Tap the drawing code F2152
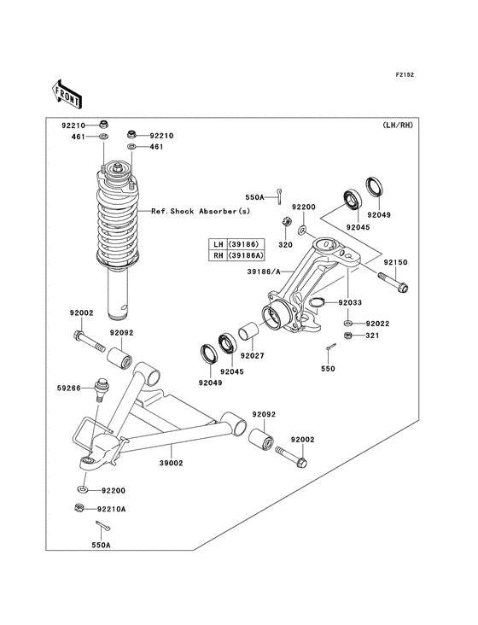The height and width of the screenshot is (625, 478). tap(405, 75)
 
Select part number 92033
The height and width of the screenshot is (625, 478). tap(349, 302)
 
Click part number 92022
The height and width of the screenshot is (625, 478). tap(377, 324)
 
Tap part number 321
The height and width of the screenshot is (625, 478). tap(372, 337)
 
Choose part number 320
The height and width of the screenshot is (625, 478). tap(284, 242)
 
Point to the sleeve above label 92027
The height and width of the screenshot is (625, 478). tap(248, 331)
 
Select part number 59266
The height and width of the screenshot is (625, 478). tap(70, 388)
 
